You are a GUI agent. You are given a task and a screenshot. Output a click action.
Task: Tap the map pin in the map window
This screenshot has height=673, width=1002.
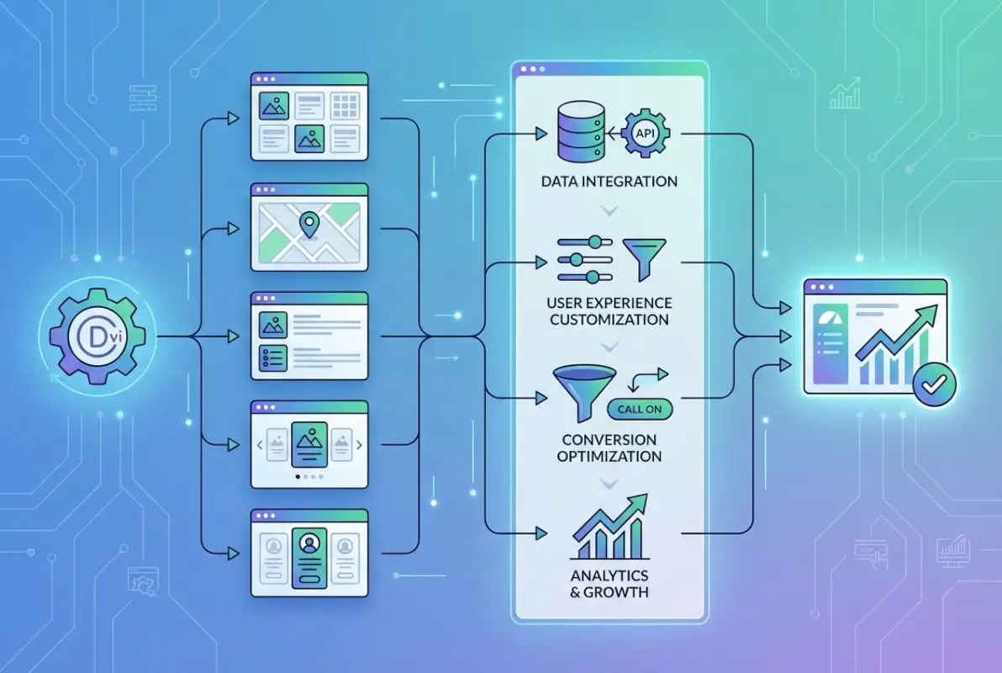coord(310,225)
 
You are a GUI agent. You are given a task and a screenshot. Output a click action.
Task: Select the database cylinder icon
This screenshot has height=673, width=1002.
coord(577,133)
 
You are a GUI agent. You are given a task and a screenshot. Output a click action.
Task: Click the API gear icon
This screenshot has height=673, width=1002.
coord(643,133)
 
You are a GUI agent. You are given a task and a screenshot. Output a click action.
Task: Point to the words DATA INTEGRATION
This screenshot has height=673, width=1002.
coord(610,181)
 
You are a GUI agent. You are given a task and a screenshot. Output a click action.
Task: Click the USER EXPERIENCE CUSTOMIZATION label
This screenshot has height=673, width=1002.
coord(610,311)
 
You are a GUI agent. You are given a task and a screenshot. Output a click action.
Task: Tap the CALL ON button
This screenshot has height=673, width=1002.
coord(639,408)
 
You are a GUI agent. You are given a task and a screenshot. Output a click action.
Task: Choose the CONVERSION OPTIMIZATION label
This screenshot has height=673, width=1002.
coord(610,448)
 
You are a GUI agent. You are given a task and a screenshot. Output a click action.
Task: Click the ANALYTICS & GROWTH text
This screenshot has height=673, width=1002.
coord(610,584)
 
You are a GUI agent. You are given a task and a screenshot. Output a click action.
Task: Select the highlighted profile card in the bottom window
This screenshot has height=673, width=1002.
coord(309,557)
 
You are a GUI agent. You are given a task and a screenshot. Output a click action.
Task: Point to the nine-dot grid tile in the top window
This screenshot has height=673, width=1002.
coord(345,105)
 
